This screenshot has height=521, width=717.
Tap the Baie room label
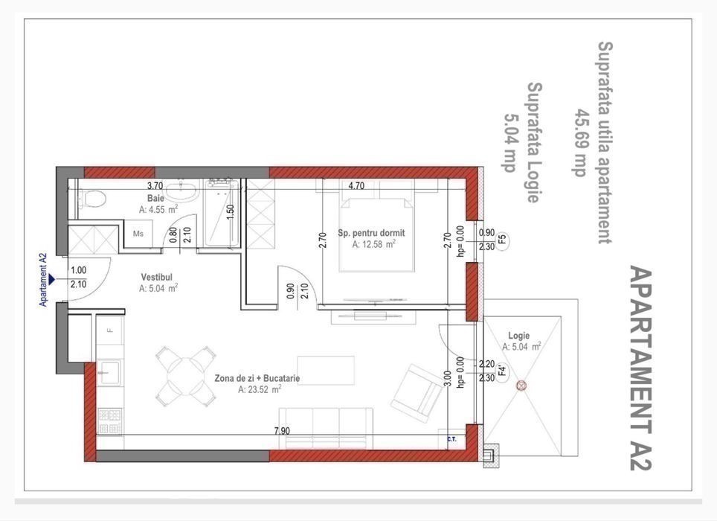(x=155, y=199)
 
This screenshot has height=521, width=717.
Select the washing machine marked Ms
(x=138, y=234)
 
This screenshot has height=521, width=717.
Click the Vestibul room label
(x=156, y=277)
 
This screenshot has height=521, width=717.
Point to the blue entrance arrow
(x=51, y=279)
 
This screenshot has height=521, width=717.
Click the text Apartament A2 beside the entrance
(x=43, y=280)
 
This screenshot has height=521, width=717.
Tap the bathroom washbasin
(x=181, y=191)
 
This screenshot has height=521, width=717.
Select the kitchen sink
(x=110, y=373)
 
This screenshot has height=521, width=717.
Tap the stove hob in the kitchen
(x=110, y=421)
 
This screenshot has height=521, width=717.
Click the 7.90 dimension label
(x=282, y=431)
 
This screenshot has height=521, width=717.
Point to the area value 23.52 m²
(x=260, y=389)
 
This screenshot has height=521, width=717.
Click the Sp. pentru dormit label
(x=371, y=233)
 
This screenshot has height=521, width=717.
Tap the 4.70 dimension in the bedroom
(x=356, y=186)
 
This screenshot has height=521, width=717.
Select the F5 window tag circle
(x=502, y=239)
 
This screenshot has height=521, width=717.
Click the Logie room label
(x=519, y=336)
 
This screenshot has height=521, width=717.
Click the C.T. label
(x=451, y=440)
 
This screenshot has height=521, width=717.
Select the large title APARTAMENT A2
(x=640, y=368)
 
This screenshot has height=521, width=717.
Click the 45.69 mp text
(x=580, y=142)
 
